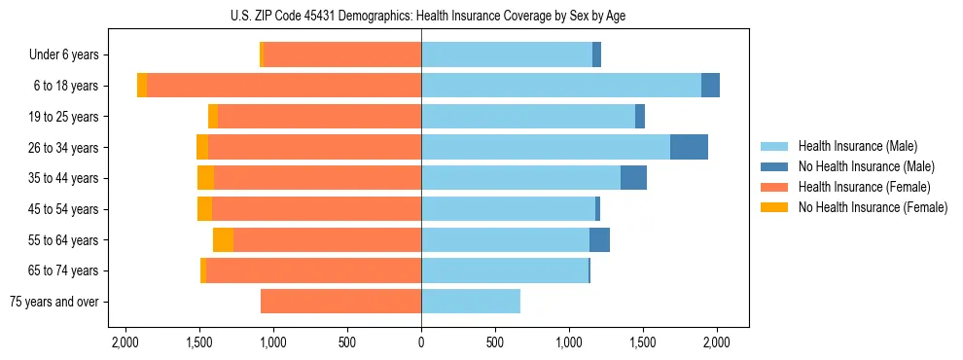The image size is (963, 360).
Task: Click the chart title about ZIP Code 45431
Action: point(421,16)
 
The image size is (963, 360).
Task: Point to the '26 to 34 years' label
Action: point(66,148)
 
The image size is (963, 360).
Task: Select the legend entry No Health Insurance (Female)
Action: point(873,207)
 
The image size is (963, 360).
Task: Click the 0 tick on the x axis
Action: point(421,342)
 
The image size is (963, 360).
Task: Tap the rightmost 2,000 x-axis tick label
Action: point(717,342)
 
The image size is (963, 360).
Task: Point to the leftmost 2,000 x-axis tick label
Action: point(125,342)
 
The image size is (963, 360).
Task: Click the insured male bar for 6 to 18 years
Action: point(561,86)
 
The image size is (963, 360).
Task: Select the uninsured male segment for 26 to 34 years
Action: point(689,147)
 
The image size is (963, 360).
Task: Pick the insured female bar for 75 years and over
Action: point(340,302)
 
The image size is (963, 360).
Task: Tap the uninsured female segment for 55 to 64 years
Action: point(223,239)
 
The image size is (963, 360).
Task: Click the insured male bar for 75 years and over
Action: point(471,302)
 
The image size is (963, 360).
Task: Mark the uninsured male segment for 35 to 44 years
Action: point(633,178)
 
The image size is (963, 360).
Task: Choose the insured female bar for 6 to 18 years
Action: point(284,86)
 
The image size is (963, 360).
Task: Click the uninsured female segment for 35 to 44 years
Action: point(205,178)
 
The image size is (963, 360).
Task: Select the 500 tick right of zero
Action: point(495,342)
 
